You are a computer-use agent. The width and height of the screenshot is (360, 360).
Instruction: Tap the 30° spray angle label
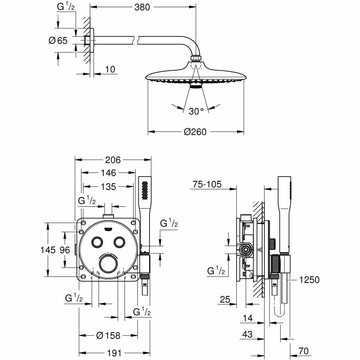tap(196, 111)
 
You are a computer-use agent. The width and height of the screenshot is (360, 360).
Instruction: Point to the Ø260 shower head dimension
tap(195, 132)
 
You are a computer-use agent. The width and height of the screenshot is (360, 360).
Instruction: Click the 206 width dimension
tap(112, 160)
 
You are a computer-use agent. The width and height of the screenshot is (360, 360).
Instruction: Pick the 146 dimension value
tap(108, 173)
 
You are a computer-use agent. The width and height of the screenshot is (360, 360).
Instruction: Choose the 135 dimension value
tap(108, 186)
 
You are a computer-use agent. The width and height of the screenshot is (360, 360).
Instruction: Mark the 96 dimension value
tap(65, 249)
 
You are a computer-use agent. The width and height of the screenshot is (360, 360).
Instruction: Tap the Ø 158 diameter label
tap(108, 335)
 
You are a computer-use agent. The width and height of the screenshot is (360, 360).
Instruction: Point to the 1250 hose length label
tap(309, 280)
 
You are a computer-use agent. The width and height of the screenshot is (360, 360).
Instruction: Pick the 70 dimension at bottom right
tap(303, 351)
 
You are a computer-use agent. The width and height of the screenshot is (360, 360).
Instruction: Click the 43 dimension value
tap(248, 335)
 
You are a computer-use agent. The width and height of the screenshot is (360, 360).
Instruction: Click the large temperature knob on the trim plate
tap(108, 263)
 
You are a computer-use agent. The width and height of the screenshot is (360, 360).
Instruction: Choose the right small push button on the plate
tap(120, 242)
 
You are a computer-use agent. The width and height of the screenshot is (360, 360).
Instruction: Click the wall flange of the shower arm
tap(89, 40)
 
